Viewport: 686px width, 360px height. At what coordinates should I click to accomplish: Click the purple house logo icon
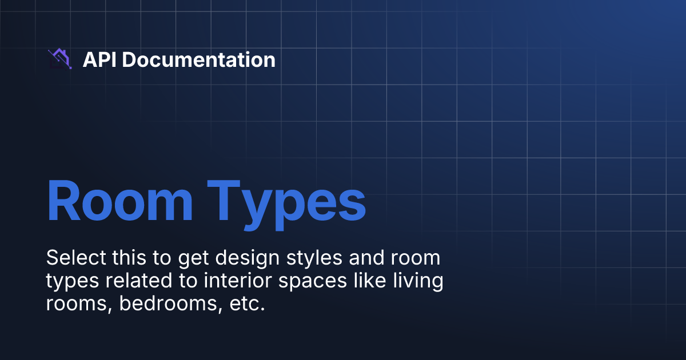click(x=59, y=59)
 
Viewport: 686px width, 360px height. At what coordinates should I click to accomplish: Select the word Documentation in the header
click(x=198, y=59)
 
